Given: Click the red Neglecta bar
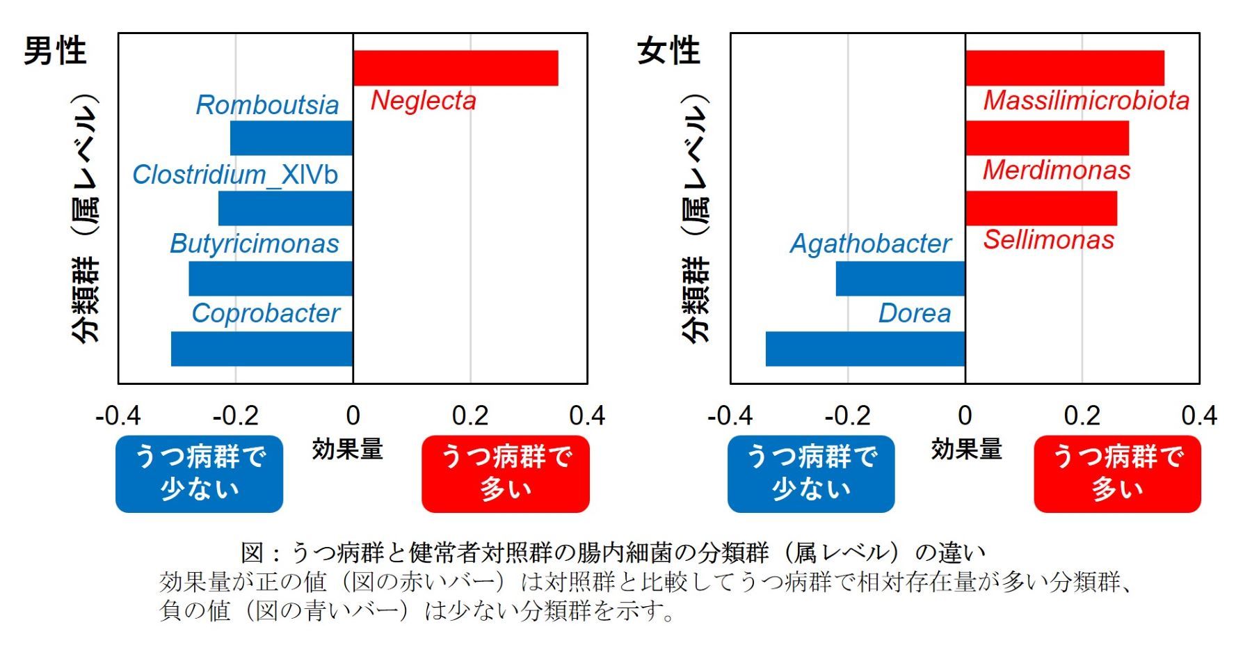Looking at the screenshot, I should [456, 68].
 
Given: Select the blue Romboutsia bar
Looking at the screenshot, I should [291, 138].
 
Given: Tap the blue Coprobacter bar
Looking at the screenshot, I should [262, 349].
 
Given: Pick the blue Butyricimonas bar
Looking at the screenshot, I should [271, 278].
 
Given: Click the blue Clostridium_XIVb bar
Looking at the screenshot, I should [285, 208].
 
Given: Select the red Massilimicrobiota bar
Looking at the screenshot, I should [1064, 68].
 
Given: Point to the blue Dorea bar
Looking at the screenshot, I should [865, 349].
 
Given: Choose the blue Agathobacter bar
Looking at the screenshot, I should [900, 278].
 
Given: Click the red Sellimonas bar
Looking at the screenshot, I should [1041, 208].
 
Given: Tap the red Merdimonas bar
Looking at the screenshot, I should [1047, 138].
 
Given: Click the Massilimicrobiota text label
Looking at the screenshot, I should [1086, 101].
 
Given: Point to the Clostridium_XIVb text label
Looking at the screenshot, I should [235, 175].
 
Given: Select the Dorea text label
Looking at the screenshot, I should [914, 313].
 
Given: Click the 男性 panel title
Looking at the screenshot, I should [55, 51].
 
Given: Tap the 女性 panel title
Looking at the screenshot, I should [668, 51].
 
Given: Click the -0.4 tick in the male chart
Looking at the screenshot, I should [118, 416].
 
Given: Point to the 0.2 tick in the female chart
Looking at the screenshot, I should [1082, 416].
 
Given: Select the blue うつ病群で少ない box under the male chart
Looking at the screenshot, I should [199, 474].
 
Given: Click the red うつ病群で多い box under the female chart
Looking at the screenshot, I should [1117, 474].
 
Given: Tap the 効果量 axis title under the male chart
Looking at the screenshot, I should [348, 450].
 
